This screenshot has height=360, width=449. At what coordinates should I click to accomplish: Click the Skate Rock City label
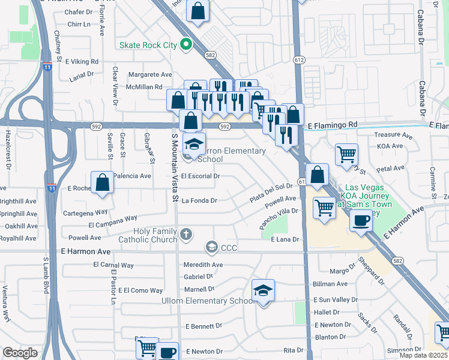[149, 45]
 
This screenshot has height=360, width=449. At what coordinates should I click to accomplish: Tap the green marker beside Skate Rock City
[187, 44]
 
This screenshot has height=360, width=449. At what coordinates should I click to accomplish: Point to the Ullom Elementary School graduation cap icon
[263, 292]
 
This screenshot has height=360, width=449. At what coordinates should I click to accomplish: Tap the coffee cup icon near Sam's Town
[361, 220]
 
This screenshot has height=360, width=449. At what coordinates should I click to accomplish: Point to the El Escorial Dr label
[200, 176]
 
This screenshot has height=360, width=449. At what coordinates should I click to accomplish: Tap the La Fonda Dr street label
[199, 200]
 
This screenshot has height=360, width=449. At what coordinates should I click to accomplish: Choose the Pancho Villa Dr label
[279, 211]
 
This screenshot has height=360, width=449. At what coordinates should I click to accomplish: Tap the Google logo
[20, 353]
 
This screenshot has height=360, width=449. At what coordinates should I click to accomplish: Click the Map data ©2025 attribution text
[423, 355]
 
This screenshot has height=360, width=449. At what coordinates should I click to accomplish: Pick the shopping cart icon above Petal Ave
[346, 154]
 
